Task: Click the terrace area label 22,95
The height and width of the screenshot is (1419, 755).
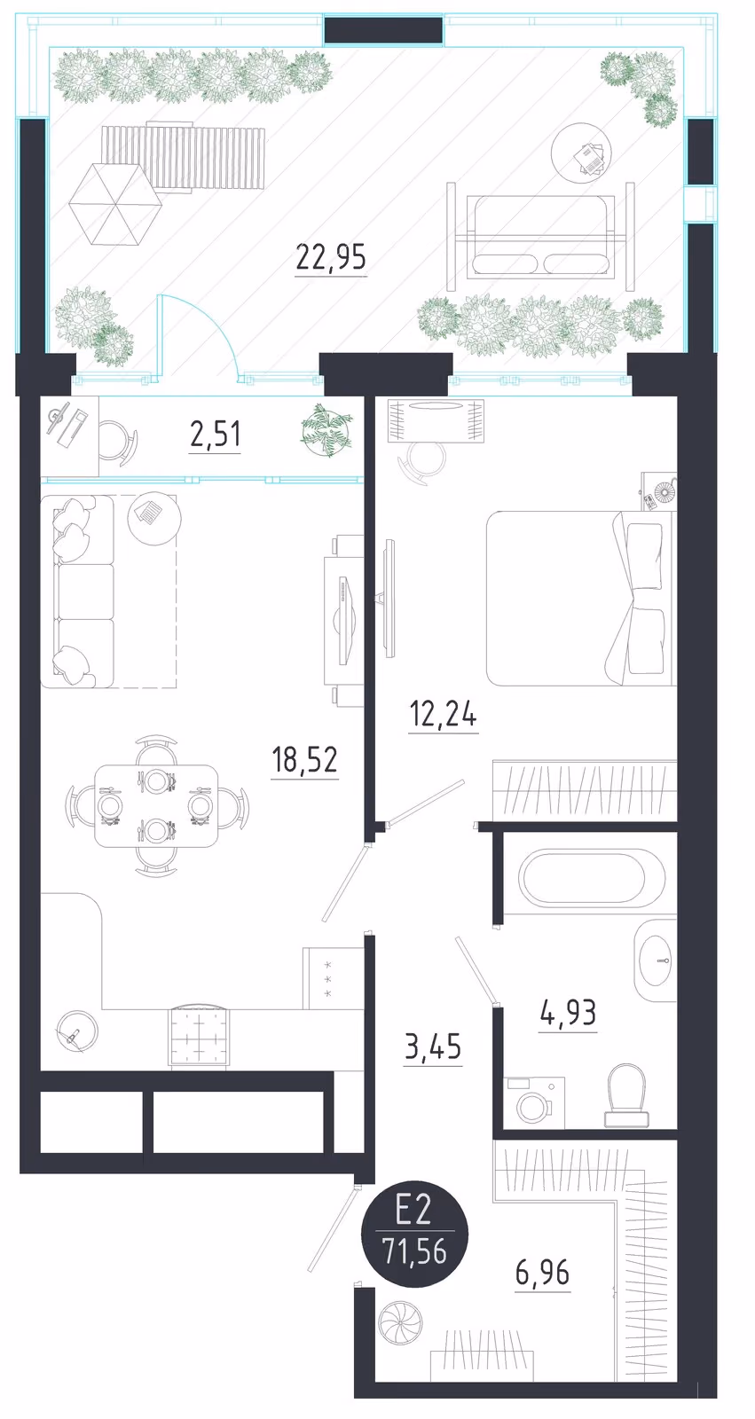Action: click(x=331, y=258)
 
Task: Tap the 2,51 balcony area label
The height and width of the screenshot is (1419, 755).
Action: click(x=215, y=435)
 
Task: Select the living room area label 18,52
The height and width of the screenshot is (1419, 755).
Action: click(x=304, y=759)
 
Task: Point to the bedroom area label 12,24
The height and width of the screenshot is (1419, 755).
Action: click(x=443, y=715)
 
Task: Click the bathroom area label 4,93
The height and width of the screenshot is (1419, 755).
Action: click(x=568, y=1013)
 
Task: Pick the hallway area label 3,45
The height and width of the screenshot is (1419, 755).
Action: click(x=433, y=1047)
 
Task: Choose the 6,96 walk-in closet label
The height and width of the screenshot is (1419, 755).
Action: click(x=543, y=1272)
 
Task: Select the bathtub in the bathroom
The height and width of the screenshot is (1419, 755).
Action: click(x=592, y=877)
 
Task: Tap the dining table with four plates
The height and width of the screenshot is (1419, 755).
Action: click(x=156, y=806)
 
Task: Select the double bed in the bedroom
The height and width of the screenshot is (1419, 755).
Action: click(x=578, y=598)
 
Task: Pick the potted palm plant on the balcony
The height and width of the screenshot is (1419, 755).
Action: click(x=326, y=431)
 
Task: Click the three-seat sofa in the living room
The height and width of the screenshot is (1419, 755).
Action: click(x=77, y=592)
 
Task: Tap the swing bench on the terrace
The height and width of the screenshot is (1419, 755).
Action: click(x=540, y=236)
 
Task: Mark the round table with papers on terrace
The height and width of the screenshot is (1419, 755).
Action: click(x=581, y=154)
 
